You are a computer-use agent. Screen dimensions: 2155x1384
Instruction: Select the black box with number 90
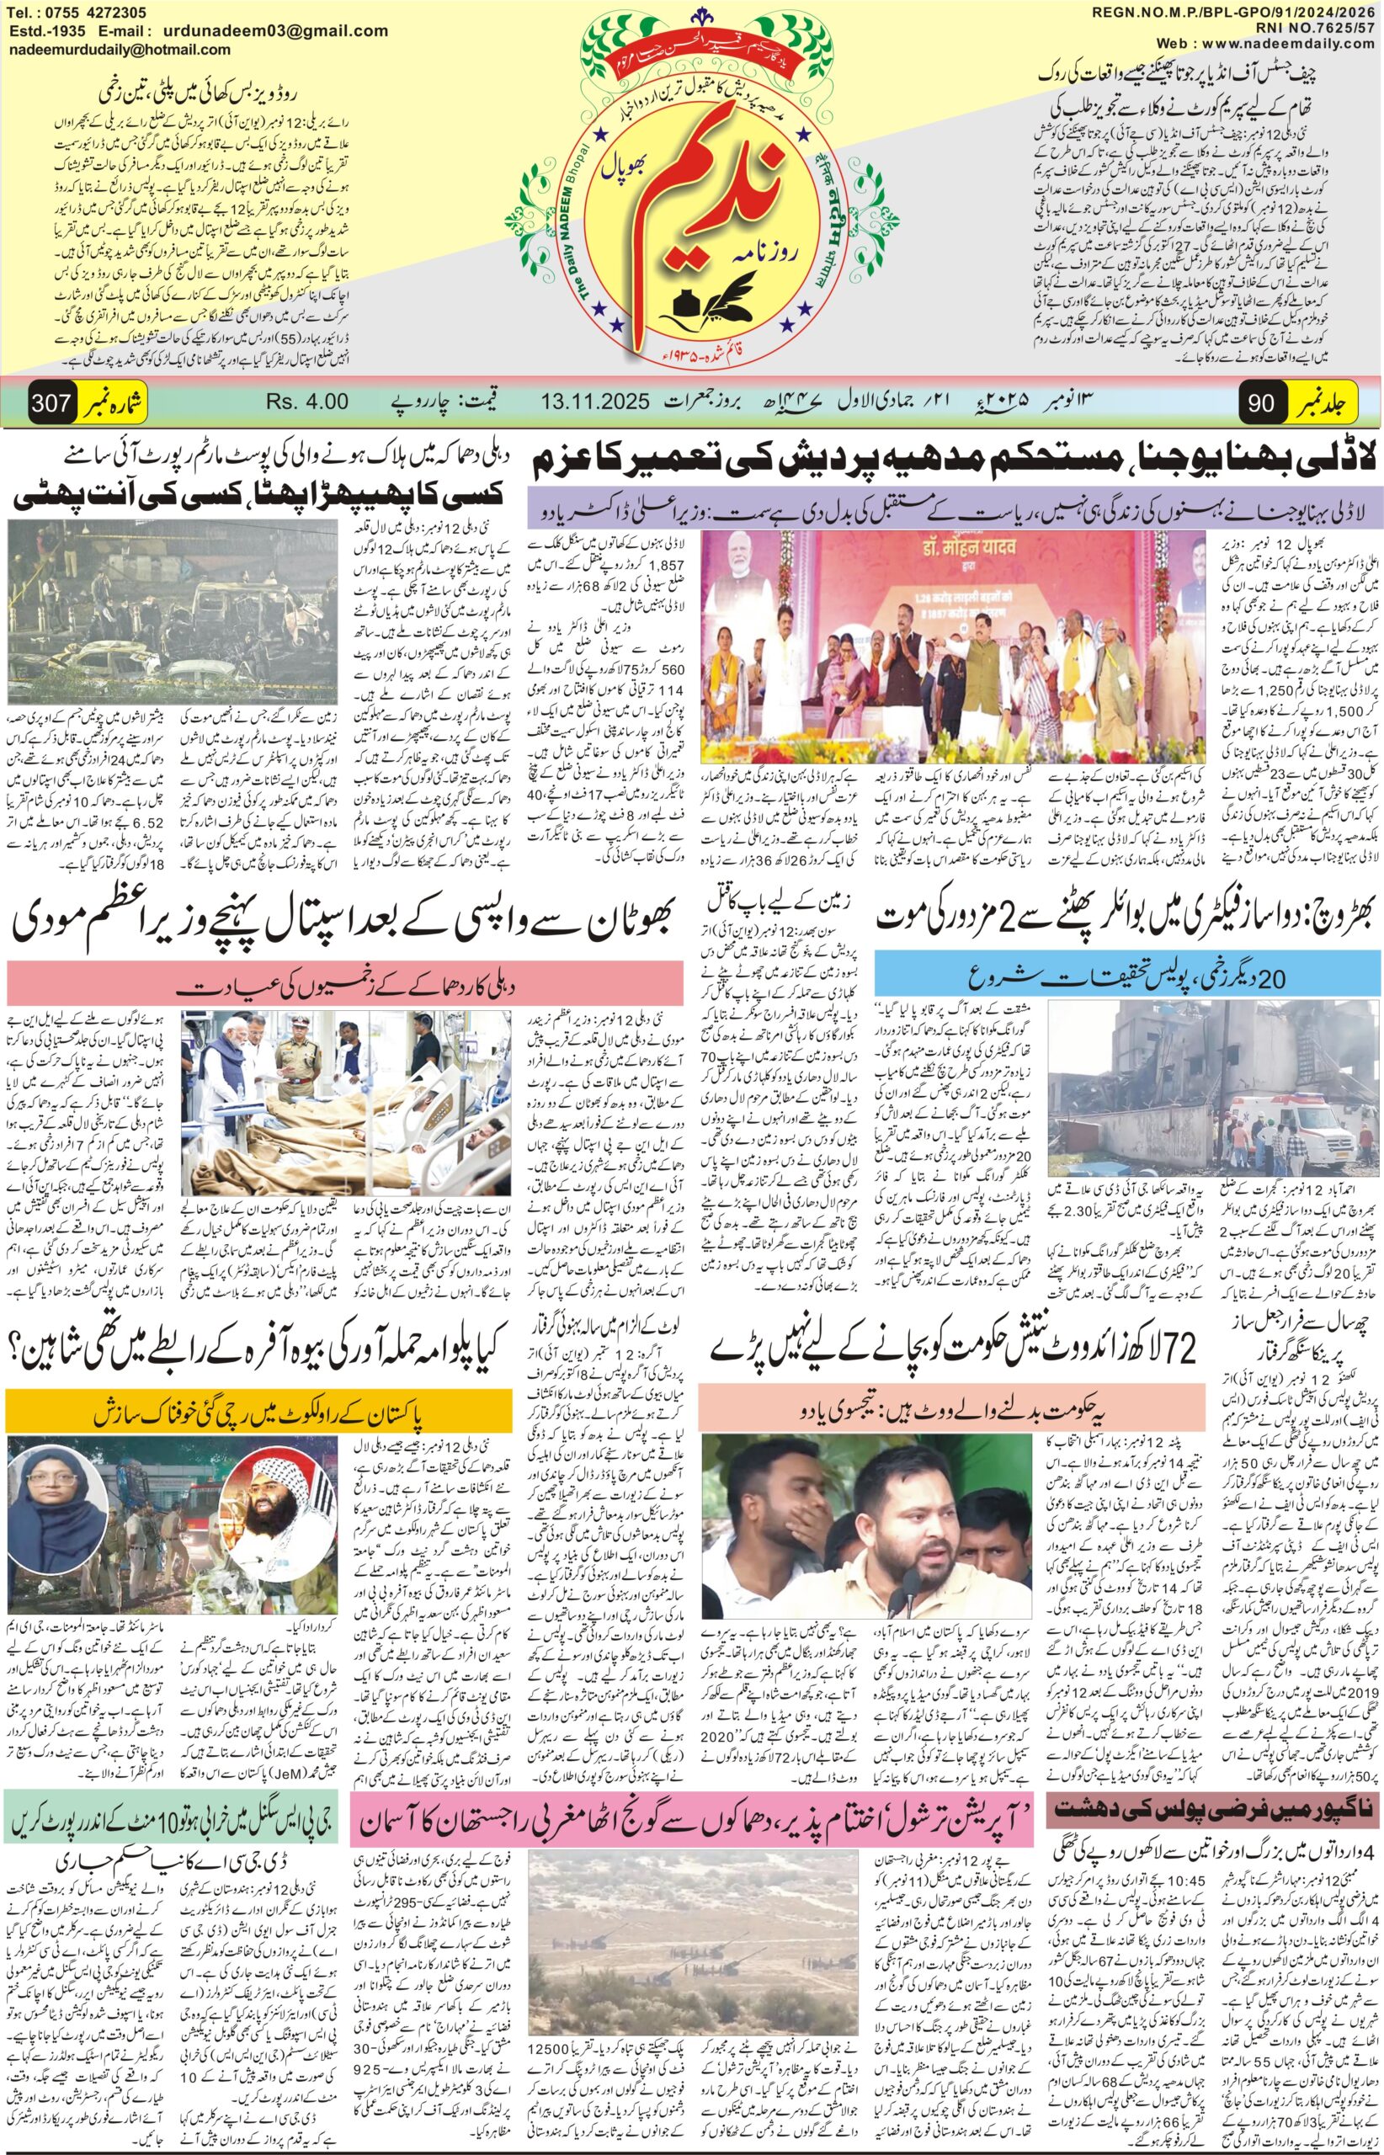coord(1261,403)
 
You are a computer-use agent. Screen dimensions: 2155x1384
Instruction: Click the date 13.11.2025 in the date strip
coord(595,402)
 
